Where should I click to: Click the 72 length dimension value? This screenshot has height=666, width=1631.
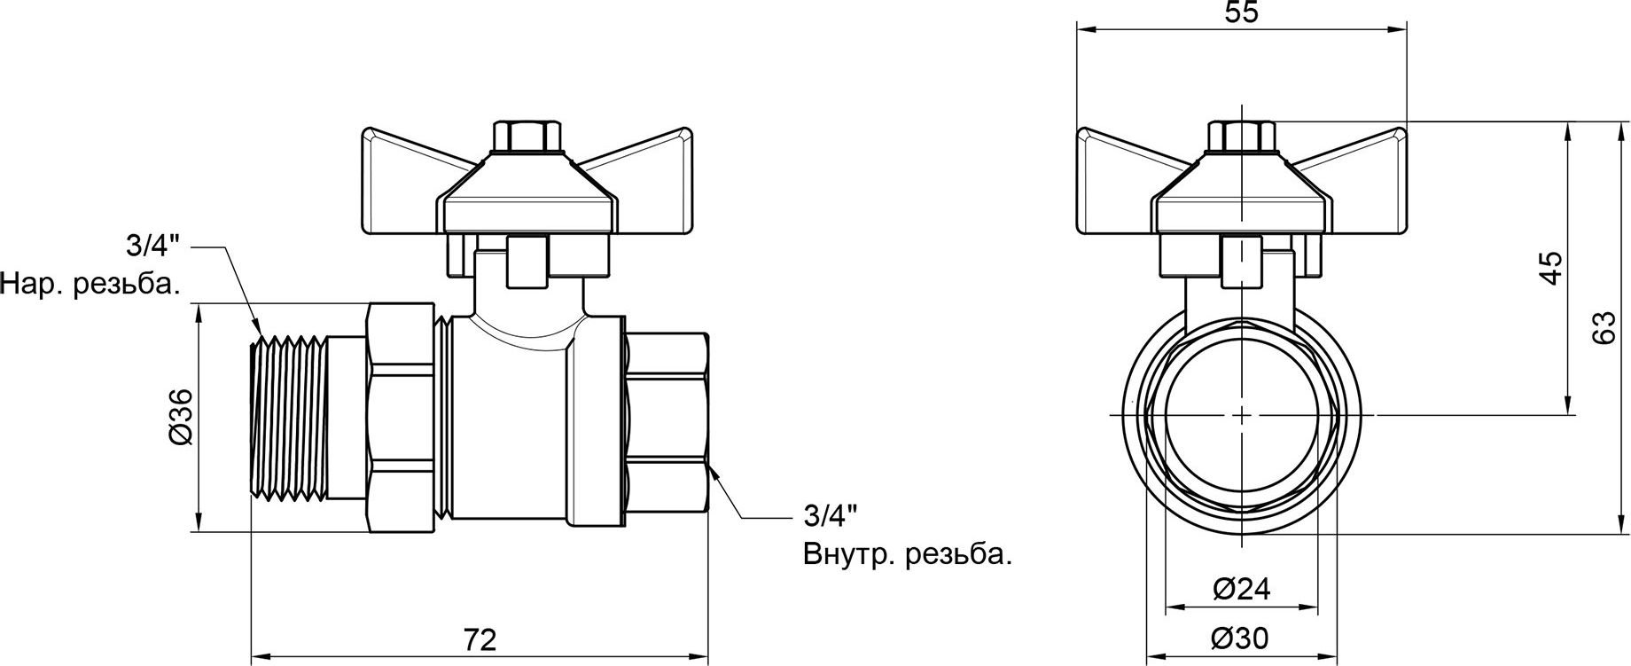pyautogui.click(x=480, y=639)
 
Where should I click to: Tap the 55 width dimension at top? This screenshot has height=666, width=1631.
pyautogui.click(x=1241, y=12)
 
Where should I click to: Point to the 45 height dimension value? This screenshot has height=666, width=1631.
pyautogui.click(x=1549, y=269)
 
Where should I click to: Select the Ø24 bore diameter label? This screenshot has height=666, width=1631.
pyautogui.click(x=1241, y=590)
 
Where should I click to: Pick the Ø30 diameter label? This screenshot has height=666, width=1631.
pyautogui.click(x=1241, y=638)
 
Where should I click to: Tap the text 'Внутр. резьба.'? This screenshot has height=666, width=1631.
pyautogui.click(x=907, y=555)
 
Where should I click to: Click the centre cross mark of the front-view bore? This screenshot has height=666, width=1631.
pyautogui.click(x=1241, y=415)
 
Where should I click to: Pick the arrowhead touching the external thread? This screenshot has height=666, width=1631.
pyautogui.click(x=258, y=337)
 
